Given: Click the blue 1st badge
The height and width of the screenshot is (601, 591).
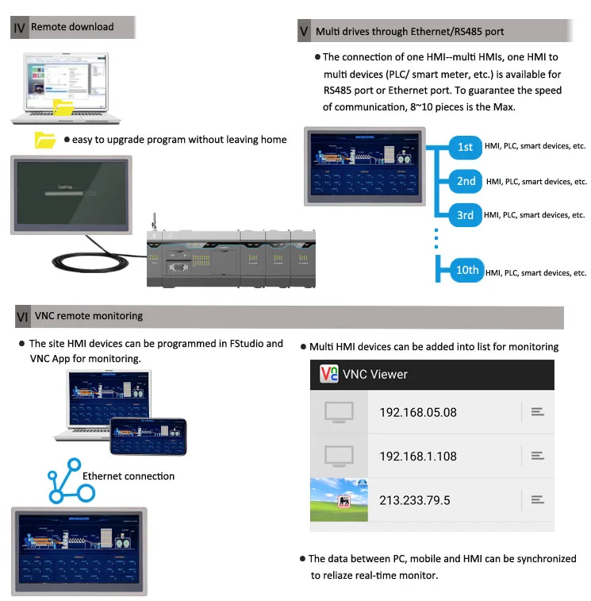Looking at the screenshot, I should point(465,147).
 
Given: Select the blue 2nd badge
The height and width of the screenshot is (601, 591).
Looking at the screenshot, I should point(466,181).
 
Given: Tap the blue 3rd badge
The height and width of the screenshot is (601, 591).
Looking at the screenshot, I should point(465,215).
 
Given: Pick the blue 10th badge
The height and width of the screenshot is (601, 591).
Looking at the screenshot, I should point(466,270).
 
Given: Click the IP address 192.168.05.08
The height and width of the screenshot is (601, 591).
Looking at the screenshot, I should point(418,412).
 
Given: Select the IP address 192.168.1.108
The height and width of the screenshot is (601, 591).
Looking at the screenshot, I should point(418,456).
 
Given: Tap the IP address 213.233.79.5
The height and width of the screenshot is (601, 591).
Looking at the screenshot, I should point(414,499).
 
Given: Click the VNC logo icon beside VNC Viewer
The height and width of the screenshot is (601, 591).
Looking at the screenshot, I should point(328,374).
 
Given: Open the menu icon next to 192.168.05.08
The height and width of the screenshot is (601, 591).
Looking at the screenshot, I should point(537,411).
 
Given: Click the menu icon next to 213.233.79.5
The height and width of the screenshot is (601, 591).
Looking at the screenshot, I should point(537,499).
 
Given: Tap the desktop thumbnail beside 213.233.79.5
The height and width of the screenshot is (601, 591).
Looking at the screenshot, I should point(339,499).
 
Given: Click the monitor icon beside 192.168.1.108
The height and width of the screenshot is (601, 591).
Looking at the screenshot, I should point(339,456).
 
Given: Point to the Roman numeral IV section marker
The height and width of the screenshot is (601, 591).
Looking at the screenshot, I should point(20,28).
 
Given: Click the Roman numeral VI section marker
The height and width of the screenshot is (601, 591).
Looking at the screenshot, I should point(22,317).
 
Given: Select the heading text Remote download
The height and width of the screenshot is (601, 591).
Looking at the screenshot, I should point(72,27).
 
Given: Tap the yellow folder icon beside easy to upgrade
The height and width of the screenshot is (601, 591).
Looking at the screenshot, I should point(46,141).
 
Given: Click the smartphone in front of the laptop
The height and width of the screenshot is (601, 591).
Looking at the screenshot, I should point(148,436).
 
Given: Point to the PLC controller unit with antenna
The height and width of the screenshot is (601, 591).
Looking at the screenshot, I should point(230,250).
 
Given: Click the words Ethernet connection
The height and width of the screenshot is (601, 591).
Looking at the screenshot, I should point(129,476).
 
